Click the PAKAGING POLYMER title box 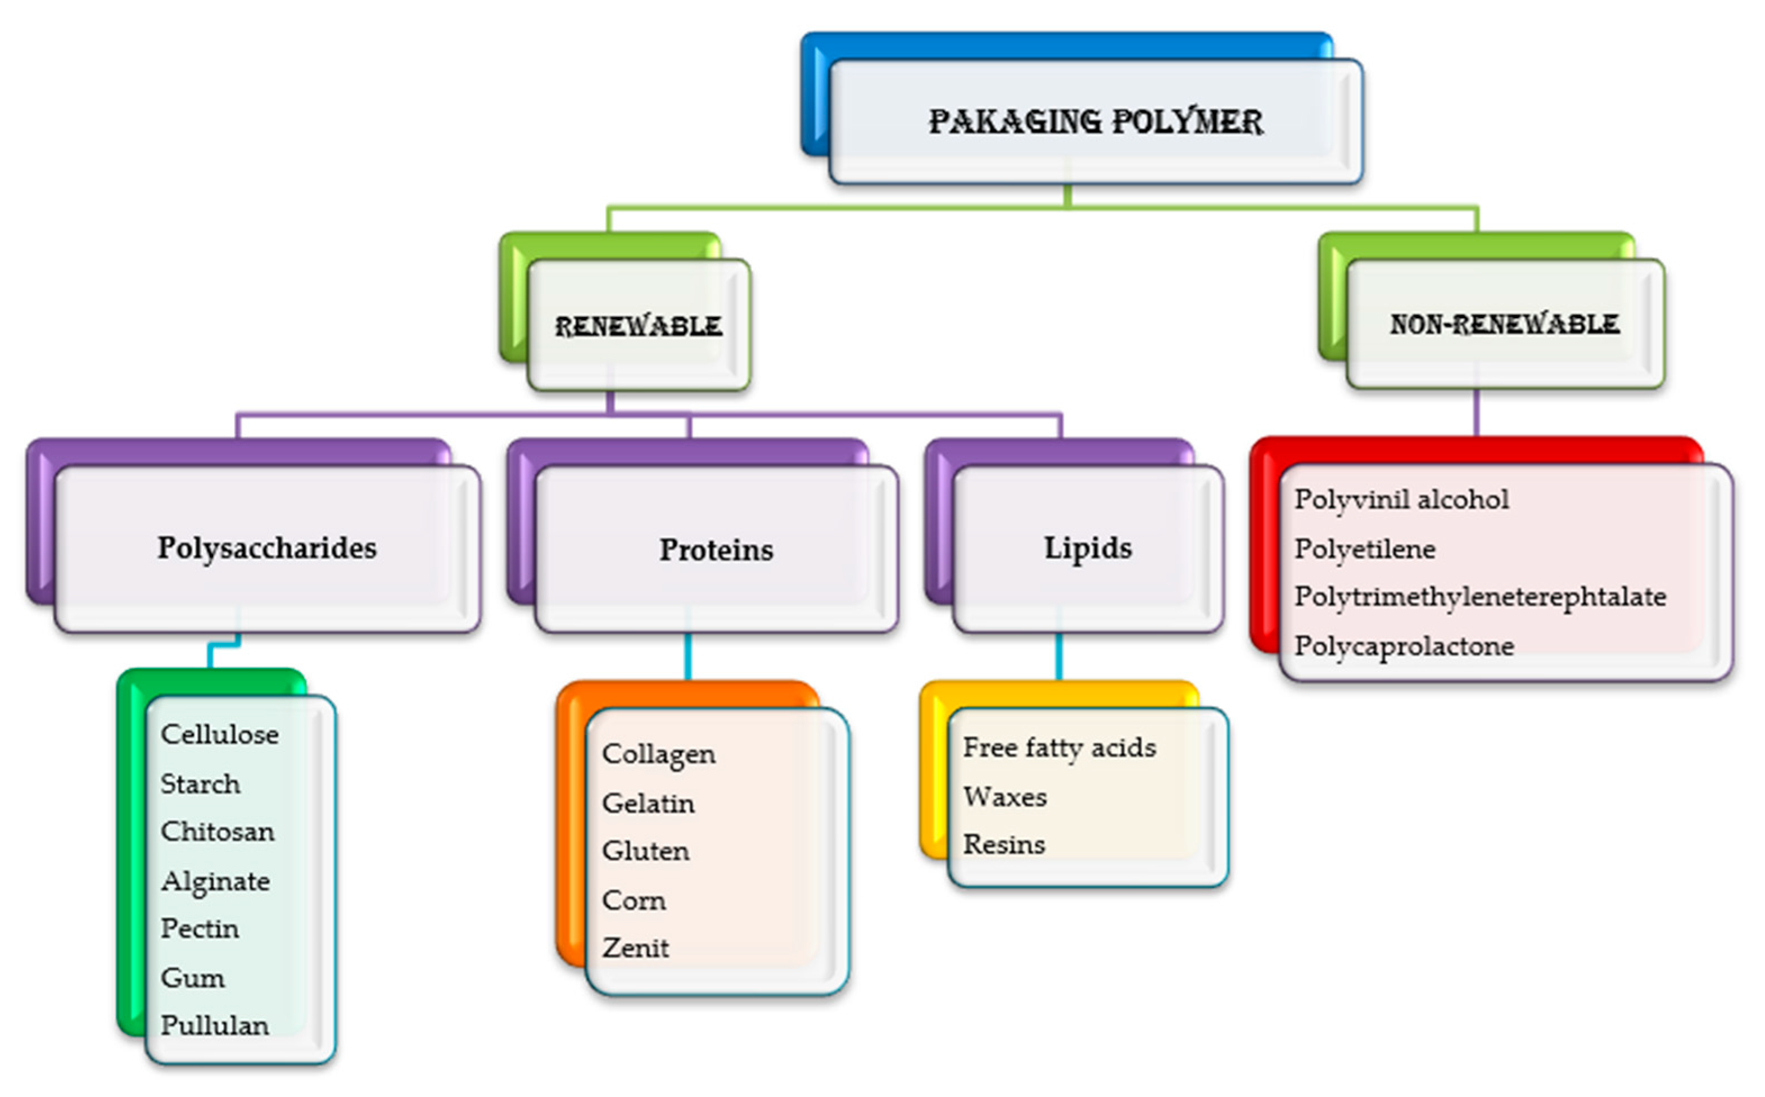tap(1096, 121)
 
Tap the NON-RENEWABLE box tap(1505, 324)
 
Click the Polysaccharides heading tap(267, 548)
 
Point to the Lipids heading tap(1088, 548)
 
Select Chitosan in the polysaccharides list tap(218, 831)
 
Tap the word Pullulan tap(215, 1026)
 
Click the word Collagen tap(659, 755)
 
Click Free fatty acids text tap(1059, 748)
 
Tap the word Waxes tap(1004, 797)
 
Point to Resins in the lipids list tap(1004, 845)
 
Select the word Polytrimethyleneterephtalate tap(1480, 597)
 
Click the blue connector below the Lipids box tap(1059, 656)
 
